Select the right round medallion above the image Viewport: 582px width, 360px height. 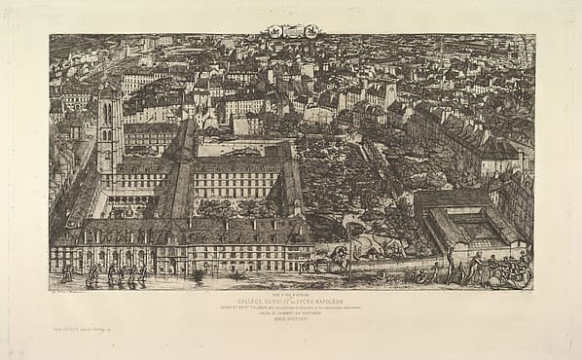(309, 31)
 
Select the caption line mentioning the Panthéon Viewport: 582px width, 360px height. (290, 312)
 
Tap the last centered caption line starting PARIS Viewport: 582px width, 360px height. (290, 318)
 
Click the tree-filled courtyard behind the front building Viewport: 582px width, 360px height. (234, 207)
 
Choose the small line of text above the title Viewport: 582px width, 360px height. (290, 294)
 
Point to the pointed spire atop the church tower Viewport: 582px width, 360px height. (107, 86)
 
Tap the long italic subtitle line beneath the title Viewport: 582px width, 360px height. (290, 306)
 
